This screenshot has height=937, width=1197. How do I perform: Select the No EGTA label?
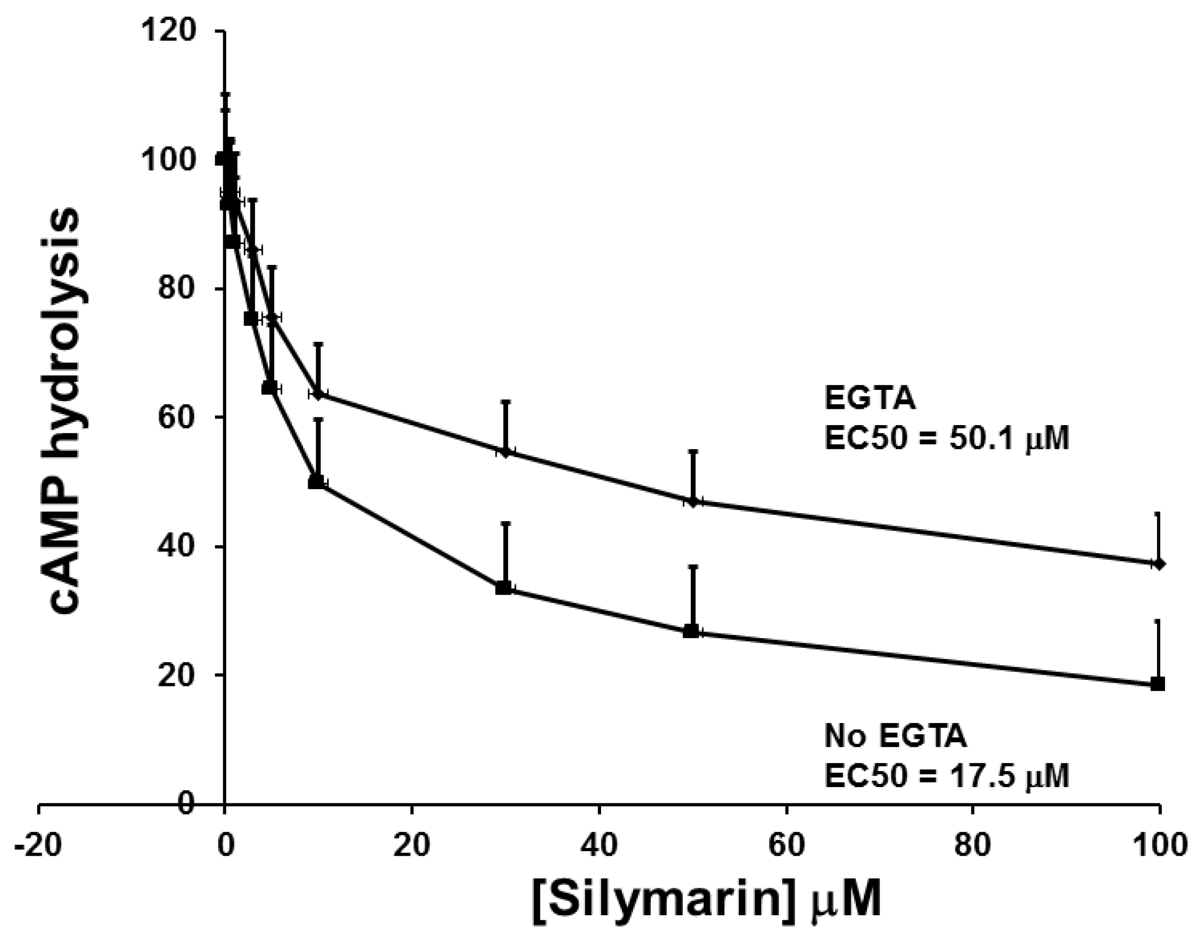click(895, 737)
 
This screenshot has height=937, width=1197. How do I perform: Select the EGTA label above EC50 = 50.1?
click(871, 399)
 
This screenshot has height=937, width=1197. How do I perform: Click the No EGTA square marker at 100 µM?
click(1158, 684)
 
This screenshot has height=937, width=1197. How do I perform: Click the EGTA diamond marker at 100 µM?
click(1158, 563)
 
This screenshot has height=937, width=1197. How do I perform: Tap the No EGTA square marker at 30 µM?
click(503, 588)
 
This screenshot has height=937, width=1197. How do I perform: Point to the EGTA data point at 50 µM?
click(693, 501)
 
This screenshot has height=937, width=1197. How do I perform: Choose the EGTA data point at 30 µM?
click(506, 452)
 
